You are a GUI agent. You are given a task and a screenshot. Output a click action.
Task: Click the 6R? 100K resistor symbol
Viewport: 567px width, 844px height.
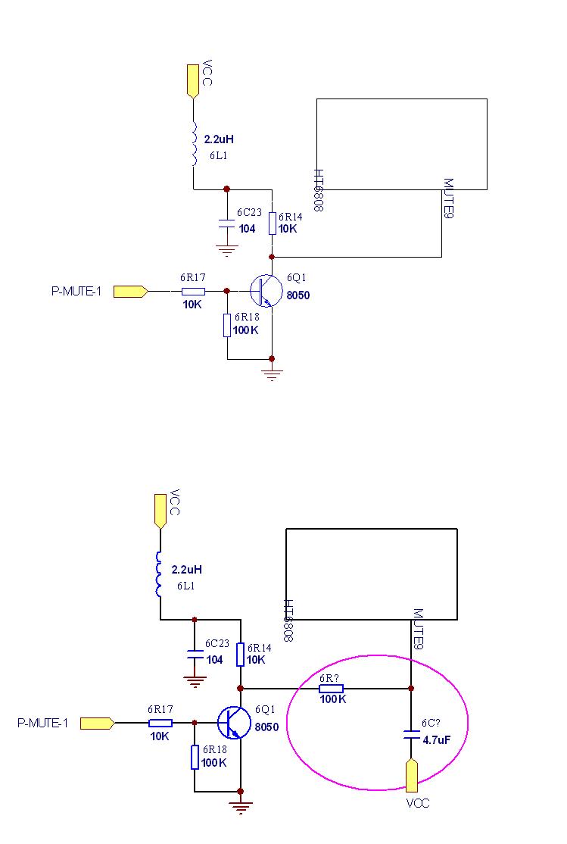click(x=332, y=688)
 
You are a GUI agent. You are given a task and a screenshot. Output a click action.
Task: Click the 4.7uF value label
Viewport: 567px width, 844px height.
click(x=437, y=740)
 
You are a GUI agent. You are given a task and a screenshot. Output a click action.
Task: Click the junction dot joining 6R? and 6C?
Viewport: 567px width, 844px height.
click(x=411, y=688)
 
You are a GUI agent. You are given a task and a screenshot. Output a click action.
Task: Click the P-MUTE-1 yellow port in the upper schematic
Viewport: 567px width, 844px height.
click(x=129, y=290)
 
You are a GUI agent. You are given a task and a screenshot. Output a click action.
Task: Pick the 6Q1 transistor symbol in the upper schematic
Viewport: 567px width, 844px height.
click(x=264, y=290)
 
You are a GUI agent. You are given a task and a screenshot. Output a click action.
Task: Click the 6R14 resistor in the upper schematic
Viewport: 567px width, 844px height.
click(x=273, y=223)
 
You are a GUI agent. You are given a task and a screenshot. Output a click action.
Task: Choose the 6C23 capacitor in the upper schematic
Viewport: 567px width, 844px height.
click(x=226, y=224)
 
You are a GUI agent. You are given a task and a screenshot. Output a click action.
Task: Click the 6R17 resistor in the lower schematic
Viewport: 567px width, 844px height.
click(x=160, y=723)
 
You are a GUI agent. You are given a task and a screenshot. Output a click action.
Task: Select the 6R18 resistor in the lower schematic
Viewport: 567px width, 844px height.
click(x=195, y=757)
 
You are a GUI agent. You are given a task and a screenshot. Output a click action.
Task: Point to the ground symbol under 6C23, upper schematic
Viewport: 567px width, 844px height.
click(x=226, y=249)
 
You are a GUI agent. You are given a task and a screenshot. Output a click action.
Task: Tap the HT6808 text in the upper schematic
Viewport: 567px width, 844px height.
click(x=319, y=190)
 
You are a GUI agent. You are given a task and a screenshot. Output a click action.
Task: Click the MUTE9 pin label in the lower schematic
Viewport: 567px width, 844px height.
click(x=417, y=628)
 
